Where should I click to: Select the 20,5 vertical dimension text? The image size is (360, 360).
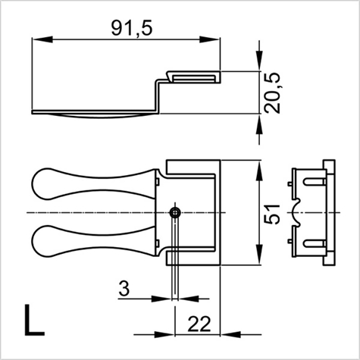274,92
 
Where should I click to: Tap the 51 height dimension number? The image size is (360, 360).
276,211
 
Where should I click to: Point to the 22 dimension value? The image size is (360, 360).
199,324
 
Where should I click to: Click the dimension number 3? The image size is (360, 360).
124,289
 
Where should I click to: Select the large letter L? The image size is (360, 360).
32,321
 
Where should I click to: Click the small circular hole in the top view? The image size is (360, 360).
175,212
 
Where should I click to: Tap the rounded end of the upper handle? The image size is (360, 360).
45,183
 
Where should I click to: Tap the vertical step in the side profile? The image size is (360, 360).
160,95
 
